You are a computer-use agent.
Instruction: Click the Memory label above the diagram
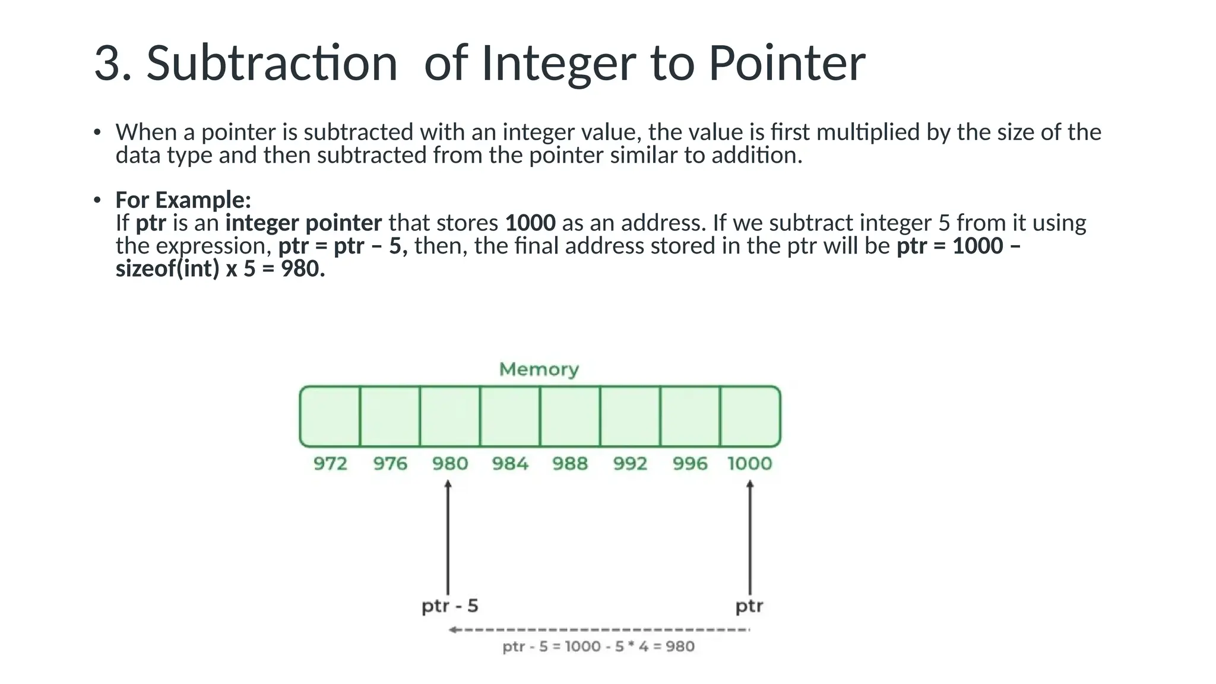point(539,369)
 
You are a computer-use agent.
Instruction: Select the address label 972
point(330,463)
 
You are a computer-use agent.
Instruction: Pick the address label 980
point(449,463)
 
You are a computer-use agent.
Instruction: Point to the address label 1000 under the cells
point(749,463)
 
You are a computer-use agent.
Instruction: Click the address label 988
point(570,463)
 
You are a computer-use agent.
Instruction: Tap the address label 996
point(690,463)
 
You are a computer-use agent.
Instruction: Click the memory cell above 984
point(510,416)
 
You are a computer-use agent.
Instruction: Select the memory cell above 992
point(630,416)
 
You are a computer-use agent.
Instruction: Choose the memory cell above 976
point(390,416)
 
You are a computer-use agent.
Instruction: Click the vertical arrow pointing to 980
point(448,537)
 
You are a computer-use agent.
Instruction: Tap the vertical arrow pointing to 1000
point(750,537)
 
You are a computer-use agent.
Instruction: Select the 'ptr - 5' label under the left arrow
point(449,606)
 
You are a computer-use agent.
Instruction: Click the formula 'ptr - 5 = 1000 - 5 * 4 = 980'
point(598,647)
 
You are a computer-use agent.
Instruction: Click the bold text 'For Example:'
point(183,200)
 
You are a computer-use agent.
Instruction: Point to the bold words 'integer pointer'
point(303,223)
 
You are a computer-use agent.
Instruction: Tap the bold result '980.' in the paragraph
point(303,269)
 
